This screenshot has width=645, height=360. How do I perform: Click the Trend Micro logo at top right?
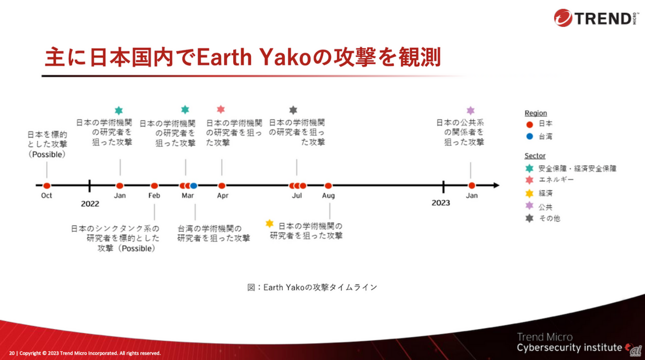pyautogui.click(x=596, y=17)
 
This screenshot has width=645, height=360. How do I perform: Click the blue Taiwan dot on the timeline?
pyautogui.click(x=194, y=185)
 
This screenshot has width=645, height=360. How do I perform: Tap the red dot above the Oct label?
pyautogui.click(x=47, y=185)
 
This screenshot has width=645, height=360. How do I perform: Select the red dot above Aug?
pyautogui.click(x=328, y=185)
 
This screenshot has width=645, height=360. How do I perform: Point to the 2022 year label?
pyautogui.click(x=90, y=204)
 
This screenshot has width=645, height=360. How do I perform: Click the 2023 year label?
pyautogui.click(x=441, y=203)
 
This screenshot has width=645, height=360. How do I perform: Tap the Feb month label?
pyautogui.click(x=154, y=196)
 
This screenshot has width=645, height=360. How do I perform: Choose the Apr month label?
pyautogui.click(x=223, y=196)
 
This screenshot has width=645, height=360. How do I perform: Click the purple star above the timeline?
pyautogui.click(x=470, y=110)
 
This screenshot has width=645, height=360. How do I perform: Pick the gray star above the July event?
pyautogui.click(x=293, y=110)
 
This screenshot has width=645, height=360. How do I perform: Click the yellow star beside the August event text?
pyautogui.click(x=269, y=223)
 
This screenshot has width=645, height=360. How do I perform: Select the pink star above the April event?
pyautogui.click(x=221, y=109)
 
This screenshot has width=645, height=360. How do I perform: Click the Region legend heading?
pyautogui.click(x=535, y=113)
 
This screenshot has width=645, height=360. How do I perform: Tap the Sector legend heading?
pyautogui.click(x=535, y=156)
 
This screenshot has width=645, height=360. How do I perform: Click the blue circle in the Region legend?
pyautogui.click(x=529, y=136)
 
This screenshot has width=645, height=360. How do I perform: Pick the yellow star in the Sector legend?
pyautogui.click(x=529, y=193)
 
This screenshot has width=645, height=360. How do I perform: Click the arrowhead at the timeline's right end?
pyautogui.click(x=496, y=185)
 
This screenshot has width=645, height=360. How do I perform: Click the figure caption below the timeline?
pyautogui.click(x=313, y=287)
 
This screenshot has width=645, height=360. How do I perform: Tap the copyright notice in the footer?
pyautogui.click(x=85, y=353)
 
